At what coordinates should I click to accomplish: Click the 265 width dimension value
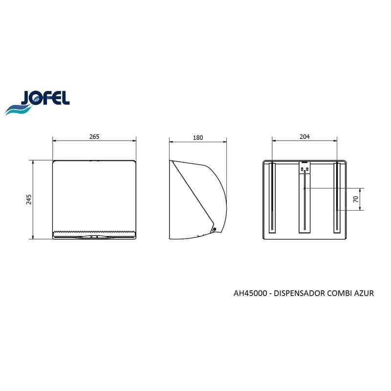(x=94, y=137)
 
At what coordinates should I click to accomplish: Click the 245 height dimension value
(x=29, y=199)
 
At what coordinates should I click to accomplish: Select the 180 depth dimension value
(x=198, y=138)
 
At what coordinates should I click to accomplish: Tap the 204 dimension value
(x=304, y=137)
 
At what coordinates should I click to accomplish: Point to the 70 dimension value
(x=356, y=199)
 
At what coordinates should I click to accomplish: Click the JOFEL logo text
(x=45, y=98)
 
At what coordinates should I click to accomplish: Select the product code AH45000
(x=250, y=293)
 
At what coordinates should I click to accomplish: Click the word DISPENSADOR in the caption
(x=299, y=293)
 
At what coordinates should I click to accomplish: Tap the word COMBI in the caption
(x=340, y=293)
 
